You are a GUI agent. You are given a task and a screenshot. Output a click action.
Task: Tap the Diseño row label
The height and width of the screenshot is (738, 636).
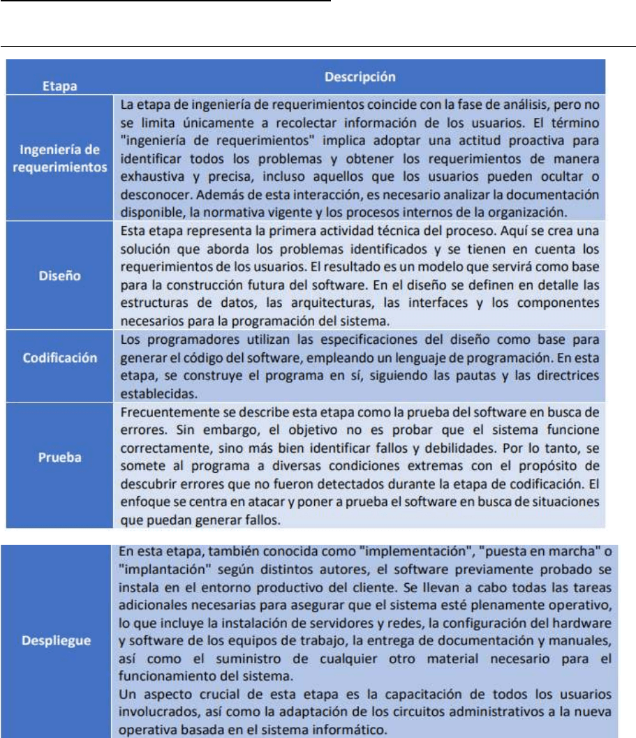[59, 276]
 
